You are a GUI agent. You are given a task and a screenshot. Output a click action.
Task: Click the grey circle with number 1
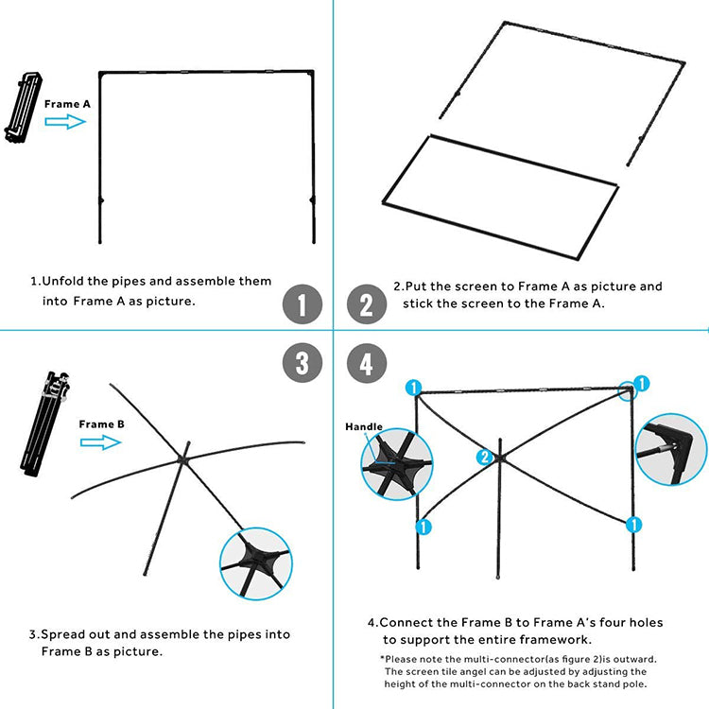tap(303, 305)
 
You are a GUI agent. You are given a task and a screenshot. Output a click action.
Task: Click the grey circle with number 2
tap(367, 305)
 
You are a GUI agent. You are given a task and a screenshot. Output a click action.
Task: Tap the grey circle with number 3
tap(303, 363)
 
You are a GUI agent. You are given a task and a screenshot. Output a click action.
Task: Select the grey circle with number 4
tap(367, 363)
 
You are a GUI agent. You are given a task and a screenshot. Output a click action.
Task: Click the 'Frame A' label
tap(67, 103)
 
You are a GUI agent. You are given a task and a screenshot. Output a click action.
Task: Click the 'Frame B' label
tap(101, 424)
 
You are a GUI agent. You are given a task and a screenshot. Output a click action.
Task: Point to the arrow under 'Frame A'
tap(65, 122)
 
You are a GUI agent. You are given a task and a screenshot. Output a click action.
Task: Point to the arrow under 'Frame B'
tap(99, 442)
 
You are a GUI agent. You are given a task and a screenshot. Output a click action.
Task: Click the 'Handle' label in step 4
tap(364, 426)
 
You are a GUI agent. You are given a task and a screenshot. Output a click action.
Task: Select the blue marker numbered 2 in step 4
tap(485, 458)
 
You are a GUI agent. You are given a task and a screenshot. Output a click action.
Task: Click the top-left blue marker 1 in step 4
tap(413, 387)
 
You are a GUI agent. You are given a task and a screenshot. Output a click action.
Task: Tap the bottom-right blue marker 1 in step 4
tap(634, 524)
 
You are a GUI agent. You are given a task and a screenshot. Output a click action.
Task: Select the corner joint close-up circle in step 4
tap(670, 449)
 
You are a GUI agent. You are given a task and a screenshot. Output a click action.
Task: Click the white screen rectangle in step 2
tap(499, 185)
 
